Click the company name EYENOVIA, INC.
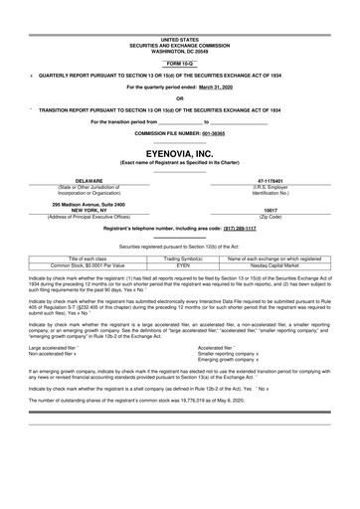tap(179, 154)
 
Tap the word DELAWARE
tap(77, 180)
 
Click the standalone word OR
tap(179, 97)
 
